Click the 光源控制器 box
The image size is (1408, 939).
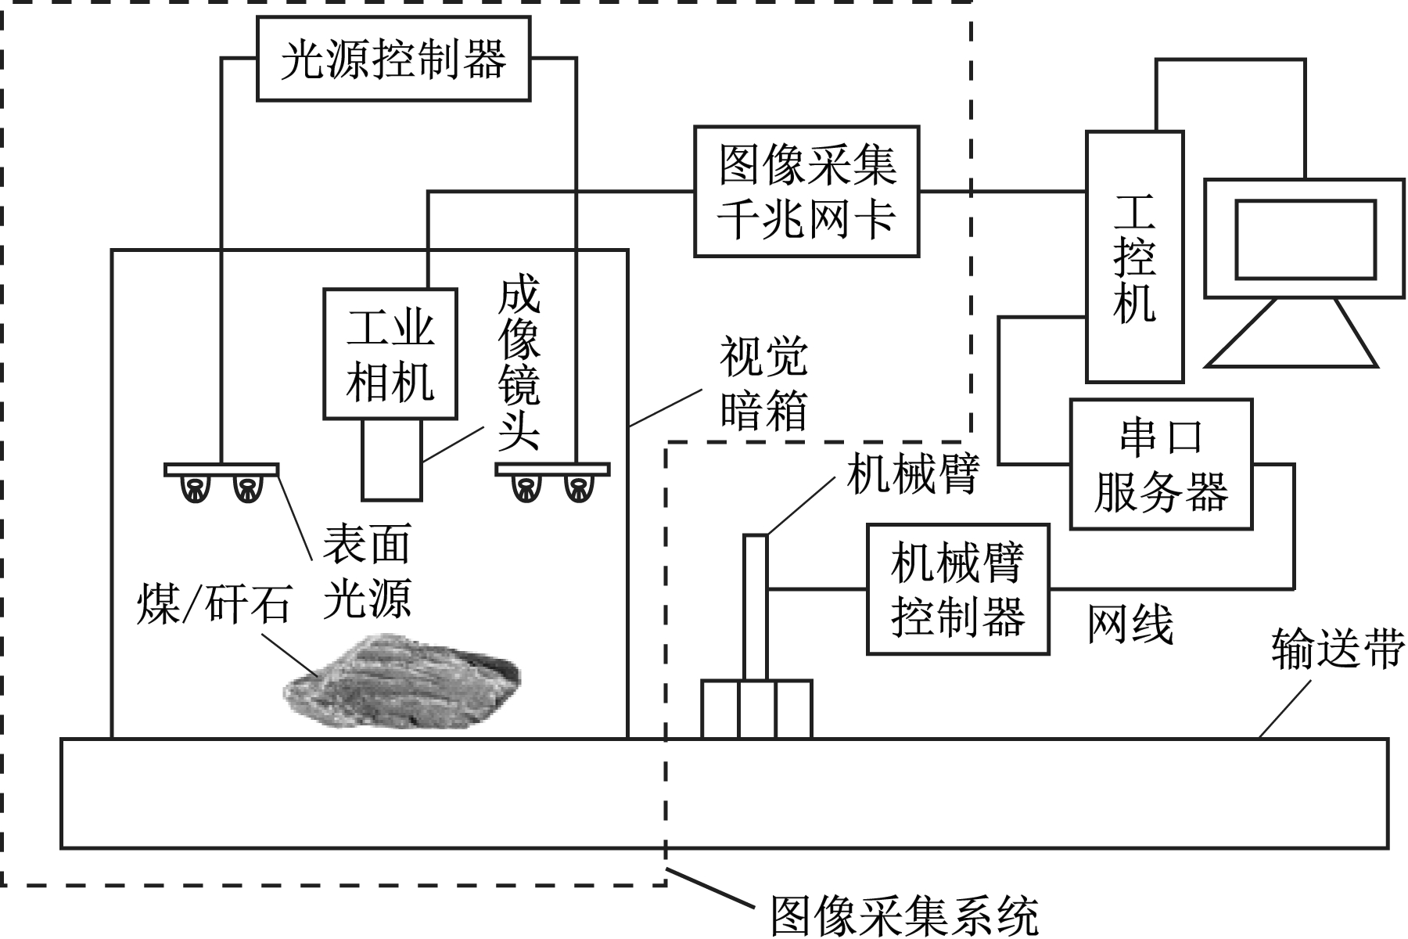[393, 59]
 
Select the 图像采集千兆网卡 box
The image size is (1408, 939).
[806, 191]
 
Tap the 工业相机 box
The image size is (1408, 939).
[390, 354]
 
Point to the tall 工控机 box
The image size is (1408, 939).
[1134, 257]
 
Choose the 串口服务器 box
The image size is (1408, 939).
[1161, 465]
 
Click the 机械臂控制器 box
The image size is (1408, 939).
[957, 589]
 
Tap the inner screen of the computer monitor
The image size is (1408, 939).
[1305, 239]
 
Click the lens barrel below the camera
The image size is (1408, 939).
[391, 460]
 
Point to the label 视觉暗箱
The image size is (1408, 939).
[763, 383]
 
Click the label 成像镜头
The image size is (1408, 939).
[518, 364]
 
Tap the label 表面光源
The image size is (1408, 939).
[367, 571]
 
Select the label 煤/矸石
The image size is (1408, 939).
[213, 603]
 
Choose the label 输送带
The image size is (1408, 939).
[1336, 648]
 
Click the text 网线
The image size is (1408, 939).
[1130, 624]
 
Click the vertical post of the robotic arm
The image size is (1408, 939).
[756, 606]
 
